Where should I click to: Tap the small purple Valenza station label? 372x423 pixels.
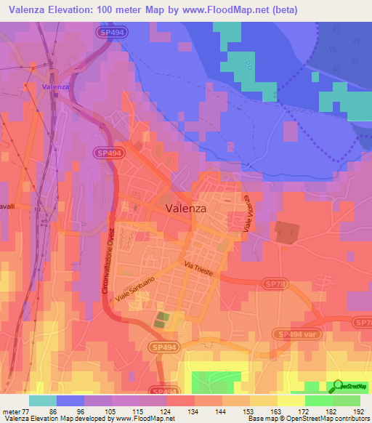click(56, 87)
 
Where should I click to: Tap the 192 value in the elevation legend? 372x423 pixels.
click(359, 411)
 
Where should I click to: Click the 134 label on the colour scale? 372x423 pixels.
click(193, 411)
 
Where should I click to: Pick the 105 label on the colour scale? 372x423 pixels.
click(111, 411)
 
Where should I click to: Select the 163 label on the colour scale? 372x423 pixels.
click(276, 411)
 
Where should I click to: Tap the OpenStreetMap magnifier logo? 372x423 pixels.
click(336, 385)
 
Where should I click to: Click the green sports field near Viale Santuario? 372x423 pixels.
click(161, 319)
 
